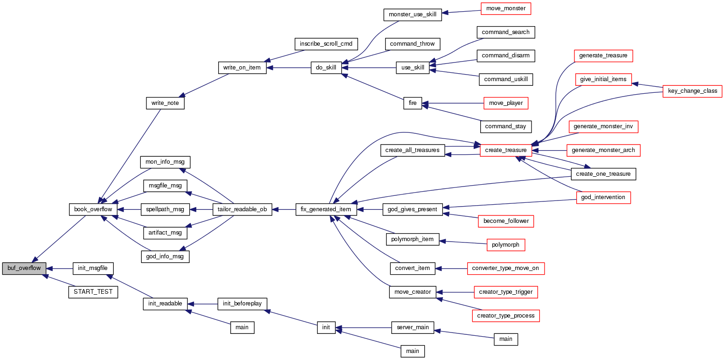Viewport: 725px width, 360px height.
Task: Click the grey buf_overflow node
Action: tap(24, 269)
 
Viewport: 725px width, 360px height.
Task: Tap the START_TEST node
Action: tap(93, 292)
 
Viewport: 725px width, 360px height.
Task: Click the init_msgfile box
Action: tap(93, 269)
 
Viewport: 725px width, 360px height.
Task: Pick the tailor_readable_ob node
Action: tap(242, 209)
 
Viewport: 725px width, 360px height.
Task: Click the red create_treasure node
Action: tap(506, 150)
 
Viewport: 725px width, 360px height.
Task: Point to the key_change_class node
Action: tap(692, 91)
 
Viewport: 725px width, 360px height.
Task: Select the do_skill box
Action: tap(326, 68)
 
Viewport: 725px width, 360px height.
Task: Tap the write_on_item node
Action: tap(242, 68)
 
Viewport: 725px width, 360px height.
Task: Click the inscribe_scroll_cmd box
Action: tap(326, 44)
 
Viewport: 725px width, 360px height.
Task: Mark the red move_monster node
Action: tap(506, 8)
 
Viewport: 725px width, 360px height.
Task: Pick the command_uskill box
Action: tap(506, 79)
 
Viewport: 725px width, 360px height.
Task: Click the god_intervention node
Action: tap(603, 198)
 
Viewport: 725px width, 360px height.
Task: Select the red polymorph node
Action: tap(506, 245)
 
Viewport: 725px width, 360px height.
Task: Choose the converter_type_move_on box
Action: tap(506, 269)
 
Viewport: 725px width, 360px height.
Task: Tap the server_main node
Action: tap(413, 327)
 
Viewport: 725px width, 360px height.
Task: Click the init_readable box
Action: tap(165, 304)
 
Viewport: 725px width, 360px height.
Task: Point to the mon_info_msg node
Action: tap(165, 162)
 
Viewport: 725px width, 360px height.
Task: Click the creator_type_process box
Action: tap(506, 316)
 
